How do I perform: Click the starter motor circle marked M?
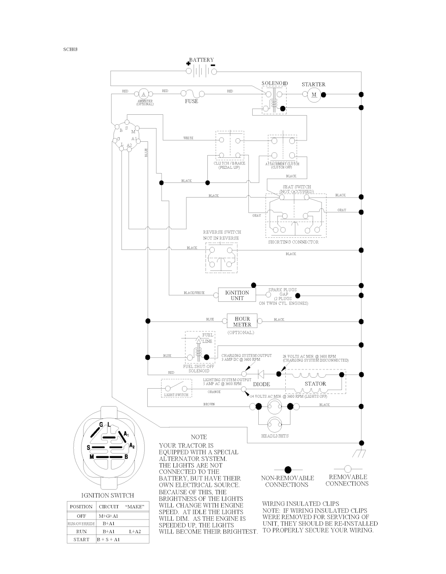tap(314, 94)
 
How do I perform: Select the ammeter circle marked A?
tap(143, 94)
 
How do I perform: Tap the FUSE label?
tap(192, 101)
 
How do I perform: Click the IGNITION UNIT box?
tap(237, 295)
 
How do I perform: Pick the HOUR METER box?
tap(242, 322)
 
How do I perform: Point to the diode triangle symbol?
tap(261, 374)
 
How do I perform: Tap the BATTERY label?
tap(201, 60)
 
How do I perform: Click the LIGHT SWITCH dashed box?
tap(176, 388)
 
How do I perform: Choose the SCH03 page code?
tap(70, 49)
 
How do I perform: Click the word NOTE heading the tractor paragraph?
tap(199, 437)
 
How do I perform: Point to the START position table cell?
tap(81, 540)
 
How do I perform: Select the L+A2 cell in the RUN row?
tap(135, 532)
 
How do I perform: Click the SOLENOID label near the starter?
tap(274, 83)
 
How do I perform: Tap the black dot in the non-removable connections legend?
tap(287, 470)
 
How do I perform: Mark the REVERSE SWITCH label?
tap(222, 232)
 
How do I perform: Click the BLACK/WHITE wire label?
tap(194, 293)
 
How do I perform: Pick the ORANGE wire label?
tap(214, 392)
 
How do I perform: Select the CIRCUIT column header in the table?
tap(108, 506)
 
